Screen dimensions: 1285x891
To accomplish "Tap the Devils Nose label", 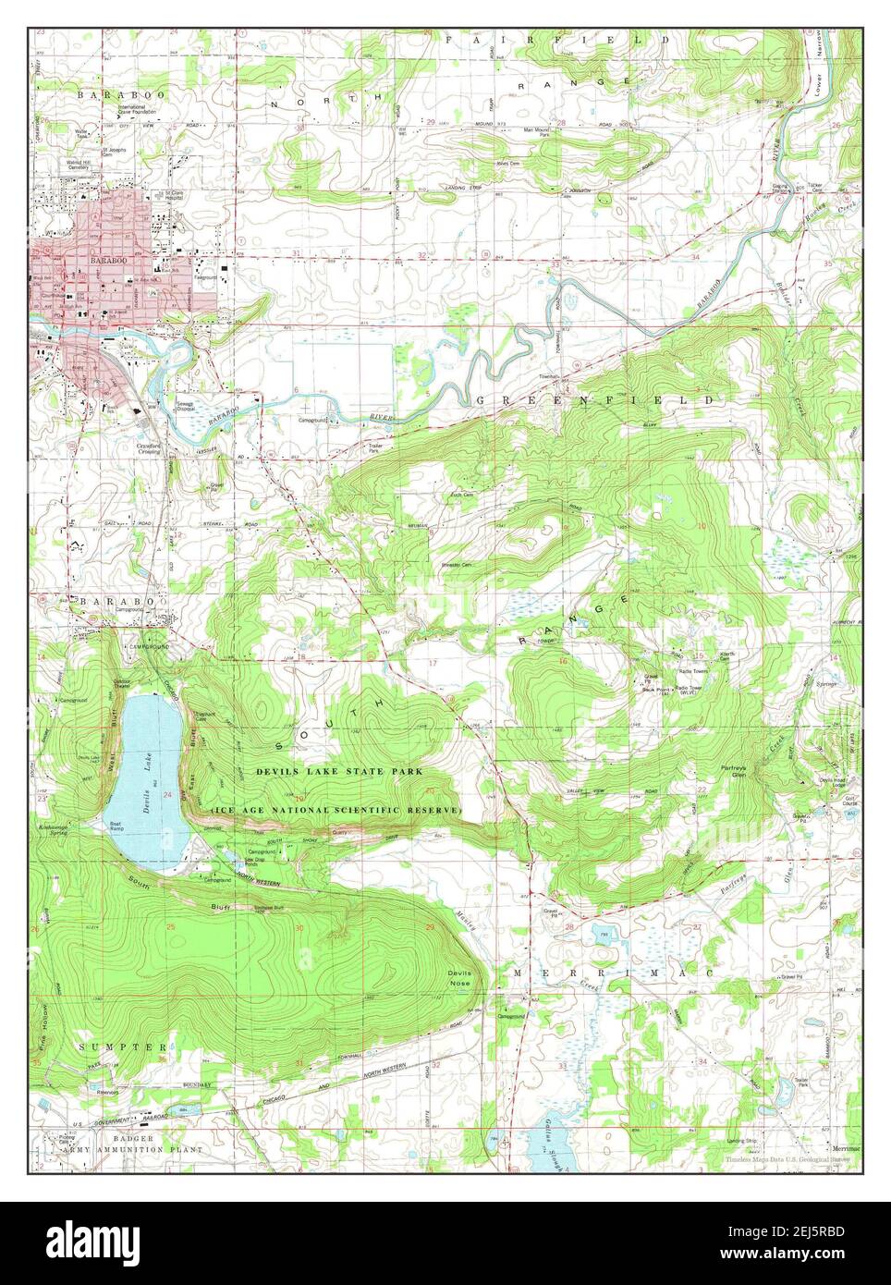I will [459, 978].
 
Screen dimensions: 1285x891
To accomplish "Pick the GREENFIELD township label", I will [595, 400].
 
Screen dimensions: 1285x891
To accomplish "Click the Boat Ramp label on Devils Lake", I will [116, 826].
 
